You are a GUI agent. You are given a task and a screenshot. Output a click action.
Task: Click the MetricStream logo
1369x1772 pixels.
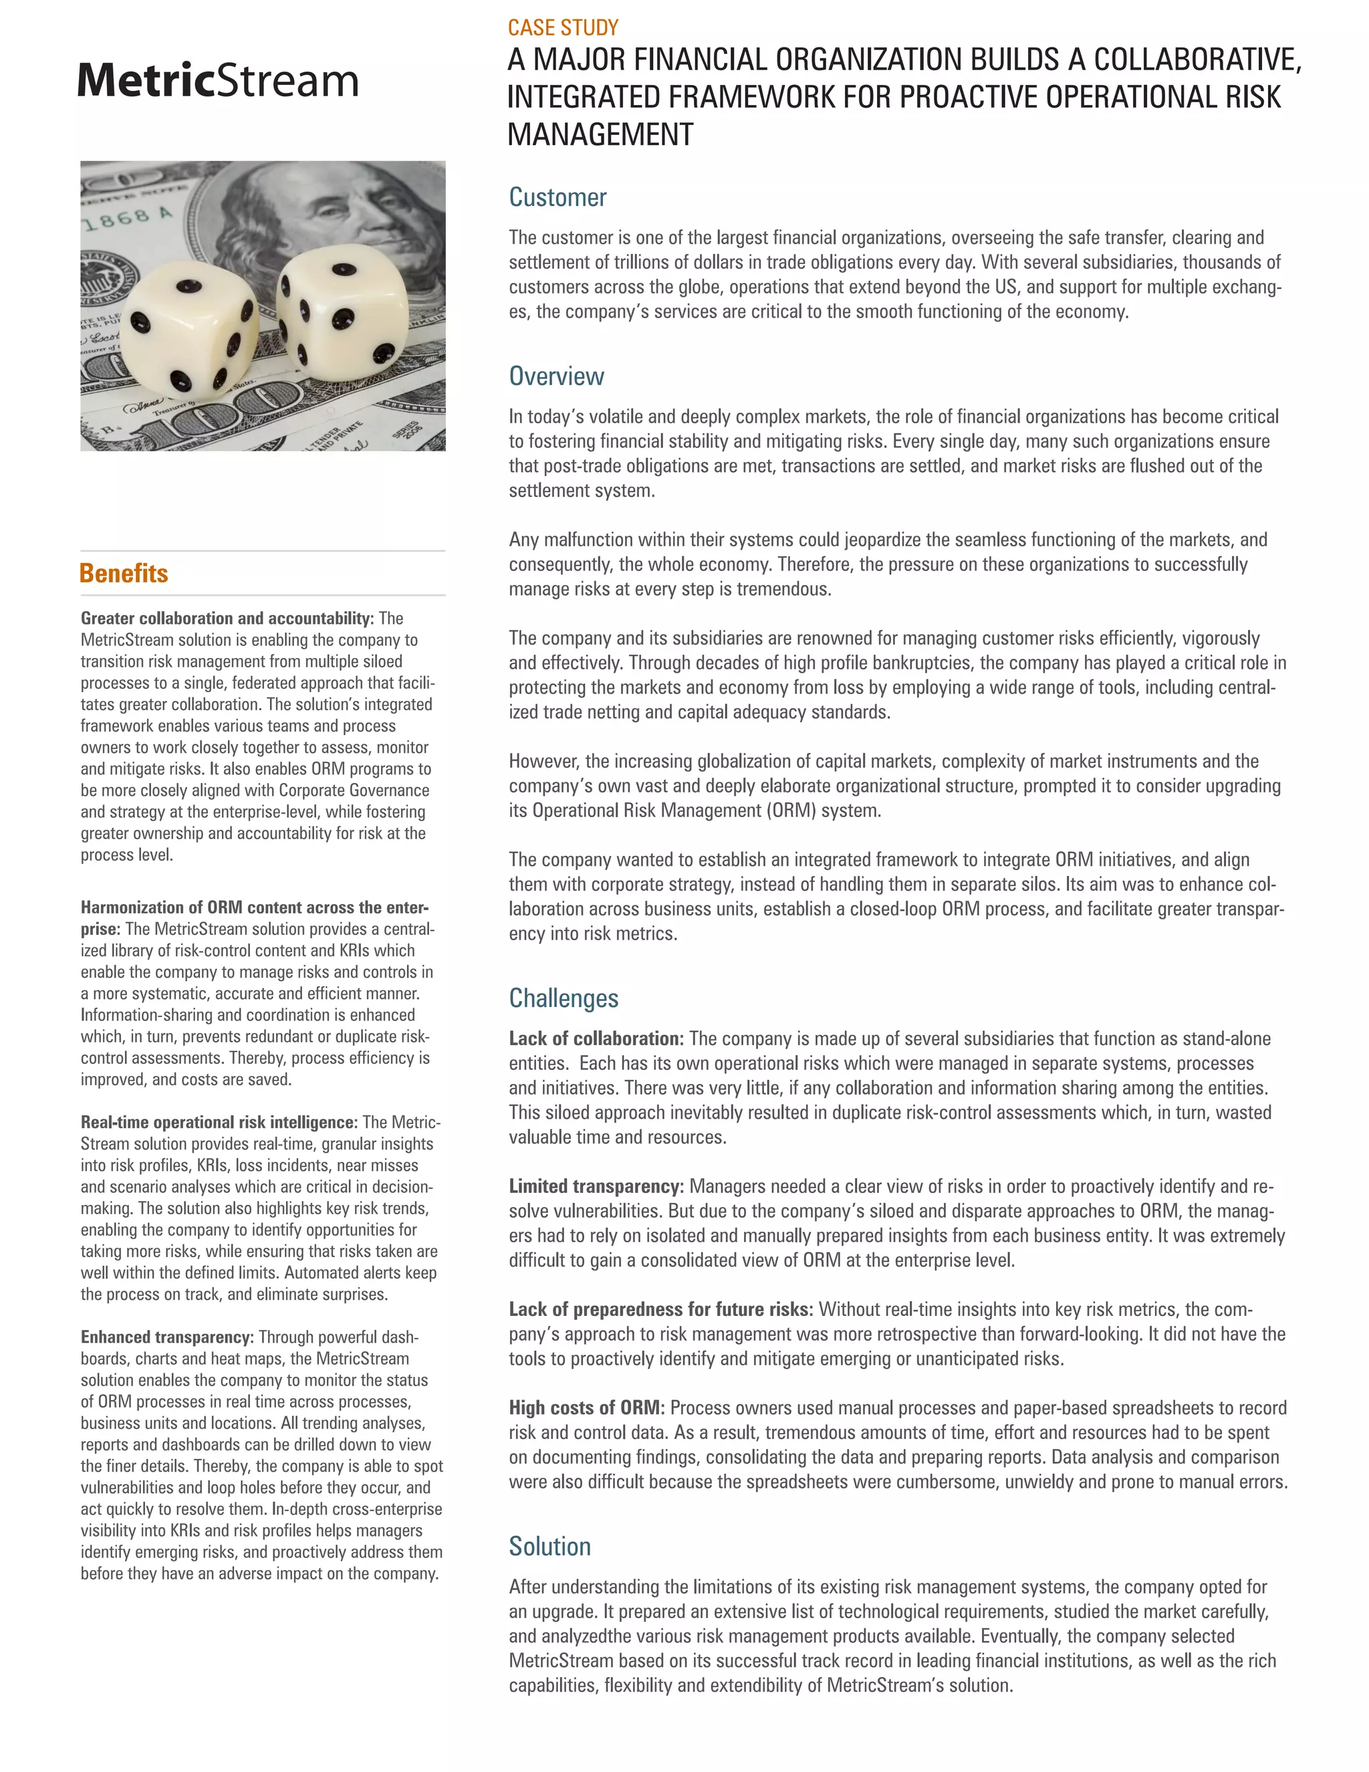217,81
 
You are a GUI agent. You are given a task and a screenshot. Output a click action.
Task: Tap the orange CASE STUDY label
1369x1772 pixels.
563,27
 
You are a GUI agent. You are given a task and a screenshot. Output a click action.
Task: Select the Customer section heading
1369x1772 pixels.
557,197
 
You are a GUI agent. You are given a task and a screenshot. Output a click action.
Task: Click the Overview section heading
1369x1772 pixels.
555,376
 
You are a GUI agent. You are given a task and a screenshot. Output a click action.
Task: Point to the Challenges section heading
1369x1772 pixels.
563,998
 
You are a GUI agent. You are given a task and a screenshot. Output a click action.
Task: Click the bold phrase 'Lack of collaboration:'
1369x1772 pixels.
596,1038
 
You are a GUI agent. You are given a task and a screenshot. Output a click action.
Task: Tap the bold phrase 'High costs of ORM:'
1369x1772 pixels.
586,1408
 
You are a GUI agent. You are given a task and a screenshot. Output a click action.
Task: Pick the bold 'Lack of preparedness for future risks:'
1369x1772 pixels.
660,1309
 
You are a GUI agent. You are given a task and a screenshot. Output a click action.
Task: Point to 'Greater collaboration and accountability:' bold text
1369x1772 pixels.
227,619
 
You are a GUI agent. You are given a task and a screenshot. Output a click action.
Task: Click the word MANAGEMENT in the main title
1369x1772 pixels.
600,134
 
